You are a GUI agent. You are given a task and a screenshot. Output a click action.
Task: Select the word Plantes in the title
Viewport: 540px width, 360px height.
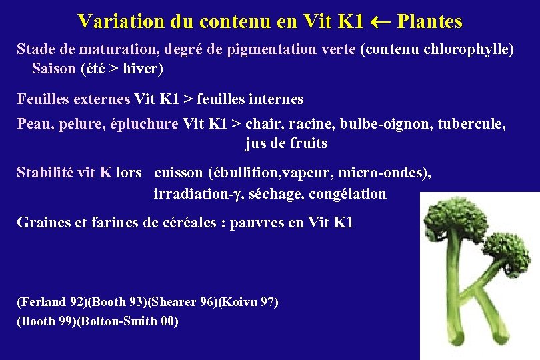coord(429,22)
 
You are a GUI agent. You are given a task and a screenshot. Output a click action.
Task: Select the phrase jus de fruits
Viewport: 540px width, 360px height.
coord(286,143)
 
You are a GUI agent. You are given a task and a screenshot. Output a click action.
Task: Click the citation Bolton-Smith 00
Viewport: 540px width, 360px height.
coord(128,321)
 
